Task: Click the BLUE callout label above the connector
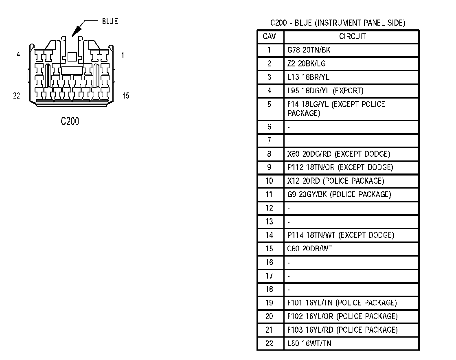110,22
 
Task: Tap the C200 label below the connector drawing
70,121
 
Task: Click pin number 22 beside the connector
17,96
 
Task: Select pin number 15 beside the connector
126,96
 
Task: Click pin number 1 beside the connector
123,55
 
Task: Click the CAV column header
270,37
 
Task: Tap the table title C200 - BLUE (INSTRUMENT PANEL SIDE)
338,23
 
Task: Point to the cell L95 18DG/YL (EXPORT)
325,90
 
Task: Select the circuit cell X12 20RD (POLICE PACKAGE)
335,181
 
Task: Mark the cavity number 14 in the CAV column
270,235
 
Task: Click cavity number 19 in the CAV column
270,303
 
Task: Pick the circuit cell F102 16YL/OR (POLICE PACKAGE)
342,316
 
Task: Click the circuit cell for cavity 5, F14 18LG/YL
336,109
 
